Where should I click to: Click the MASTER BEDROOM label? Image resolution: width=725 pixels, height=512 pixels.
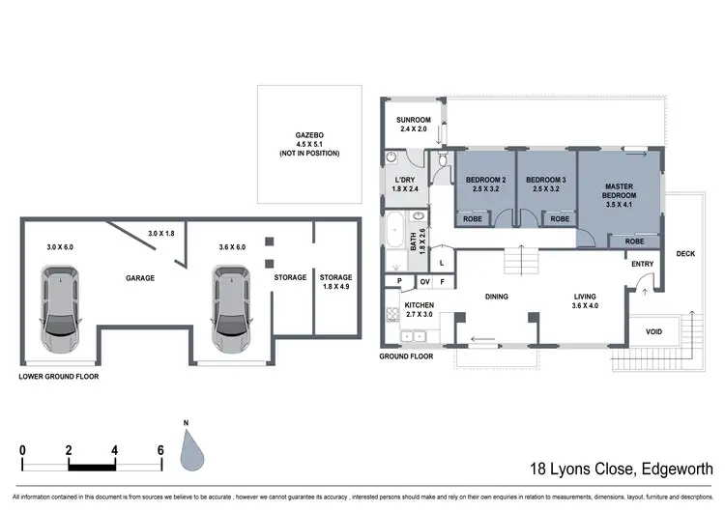[x=619, y=191]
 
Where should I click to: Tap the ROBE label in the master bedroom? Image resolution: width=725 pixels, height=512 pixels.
[x=635, y=242]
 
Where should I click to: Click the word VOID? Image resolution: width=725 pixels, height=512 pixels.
[x=654, y=331]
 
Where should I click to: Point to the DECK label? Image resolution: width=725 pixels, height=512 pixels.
[x=685, y=254]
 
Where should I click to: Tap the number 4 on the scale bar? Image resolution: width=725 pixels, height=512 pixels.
[x=114, y=450]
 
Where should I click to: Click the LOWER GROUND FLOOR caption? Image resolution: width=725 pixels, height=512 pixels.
[x=58, y=376]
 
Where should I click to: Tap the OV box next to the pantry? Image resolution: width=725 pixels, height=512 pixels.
[x=423, y=281]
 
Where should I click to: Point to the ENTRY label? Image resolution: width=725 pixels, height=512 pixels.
[x=642, y=264]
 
